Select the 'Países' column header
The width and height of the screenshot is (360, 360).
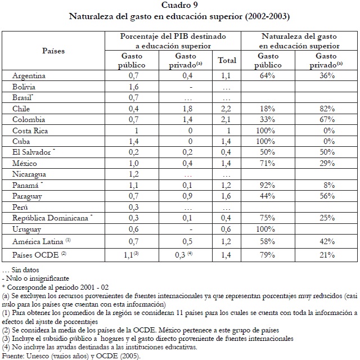click(x=53, y=51)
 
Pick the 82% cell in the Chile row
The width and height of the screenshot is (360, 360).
click(x=326, y=109)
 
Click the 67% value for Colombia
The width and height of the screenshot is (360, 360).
click(x=326, y=119)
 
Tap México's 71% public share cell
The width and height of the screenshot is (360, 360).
click(x=267, y=163)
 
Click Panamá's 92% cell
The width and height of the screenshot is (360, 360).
click(x=267, y=185)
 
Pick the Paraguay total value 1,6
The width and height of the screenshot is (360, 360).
click(x=227, y=196)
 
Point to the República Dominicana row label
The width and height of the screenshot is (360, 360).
click(x=54, y=218)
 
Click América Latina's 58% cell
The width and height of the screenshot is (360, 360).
click(x=267, y=241)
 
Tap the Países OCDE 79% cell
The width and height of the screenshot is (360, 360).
click(x=267, y=255)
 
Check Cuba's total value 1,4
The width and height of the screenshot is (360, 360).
click(x=227, y=141)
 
